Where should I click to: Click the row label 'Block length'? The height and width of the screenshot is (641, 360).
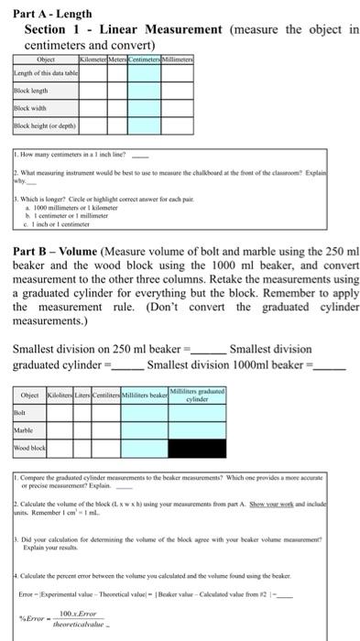30,92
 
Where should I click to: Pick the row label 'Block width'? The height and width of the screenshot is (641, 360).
29,108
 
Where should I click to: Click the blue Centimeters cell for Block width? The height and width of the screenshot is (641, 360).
145,108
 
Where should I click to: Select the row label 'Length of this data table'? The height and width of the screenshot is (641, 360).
43,74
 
